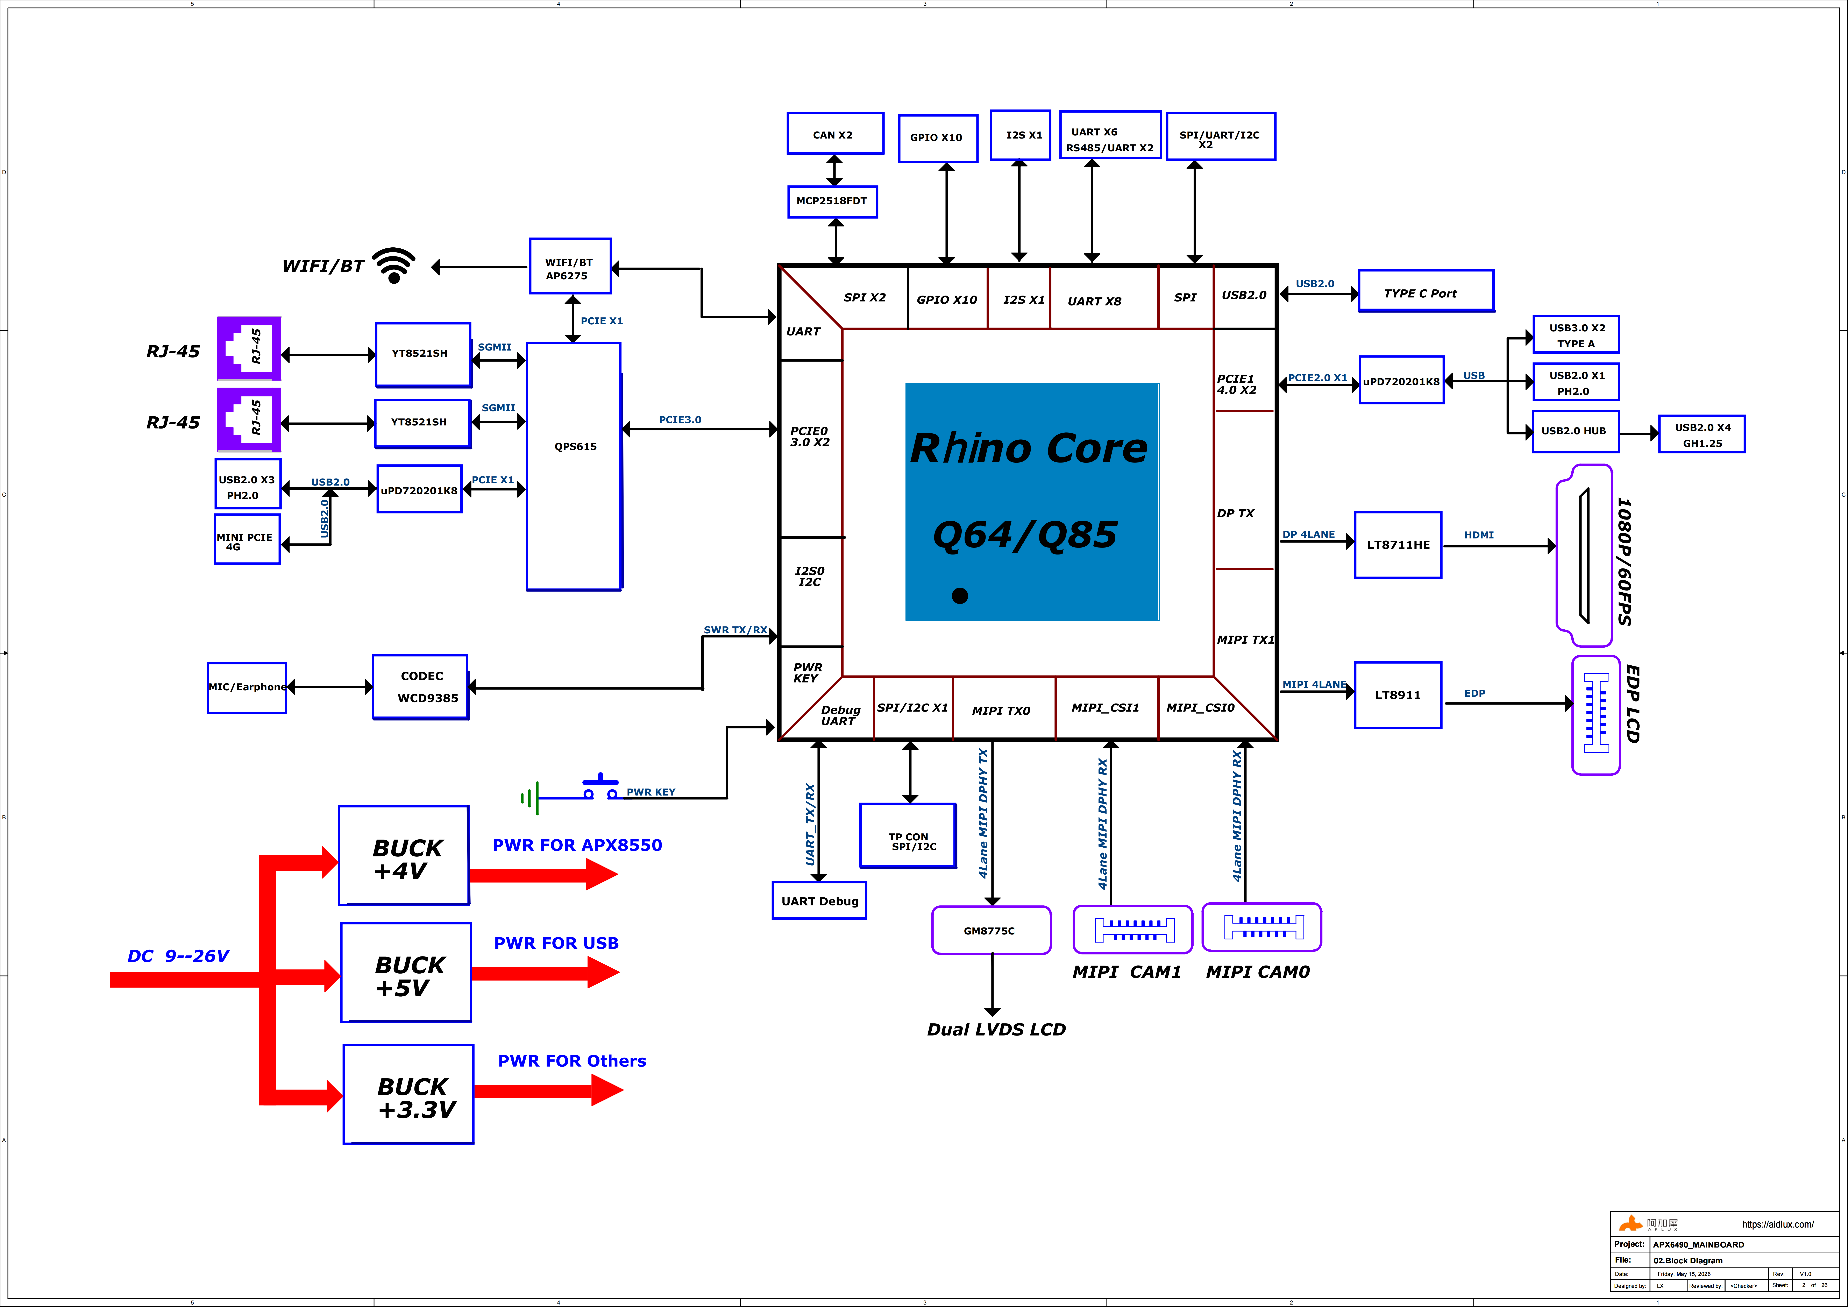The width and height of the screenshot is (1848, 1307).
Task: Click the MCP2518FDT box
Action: coord(832,201)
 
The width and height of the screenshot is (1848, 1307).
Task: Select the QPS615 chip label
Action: coord(575,447)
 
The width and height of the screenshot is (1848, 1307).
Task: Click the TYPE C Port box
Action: coord(1426,291)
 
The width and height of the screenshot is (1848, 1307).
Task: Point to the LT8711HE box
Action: coord(1398,545)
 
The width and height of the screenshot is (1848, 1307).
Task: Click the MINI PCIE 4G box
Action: coord(247,539)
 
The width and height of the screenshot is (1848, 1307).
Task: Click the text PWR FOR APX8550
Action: coord(577,845)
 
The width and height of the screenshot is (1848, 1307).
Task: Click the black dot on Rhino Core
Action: coord(959,595)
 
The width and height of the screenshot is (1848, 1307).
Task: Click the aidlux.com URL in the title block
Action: coord(1778,1225)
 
